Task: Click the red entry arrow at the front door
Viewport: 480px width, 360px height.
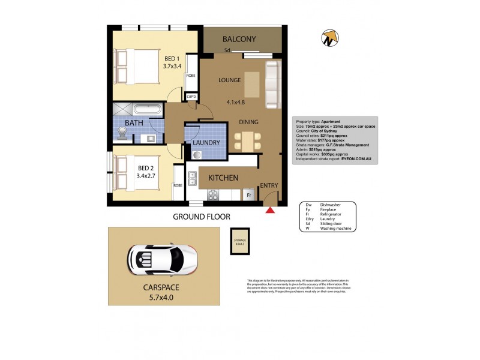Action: [x=270, y=209]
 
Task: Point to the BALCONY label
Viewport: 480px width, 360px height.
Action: [x=239, y=40]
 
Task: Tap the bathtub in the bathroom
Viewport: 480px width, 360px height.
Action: [x=146, y=110]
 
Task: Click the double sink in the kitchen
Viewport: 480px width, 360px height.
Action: [x=193, y=178]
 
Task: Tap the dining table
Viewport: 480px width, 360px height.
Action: [x=248, y=142]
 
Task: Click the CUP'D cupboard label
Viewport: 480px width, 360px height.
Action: [x=191, y=97]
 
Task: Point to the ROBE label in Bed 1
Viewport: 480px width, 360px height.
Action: [x=191, y=76]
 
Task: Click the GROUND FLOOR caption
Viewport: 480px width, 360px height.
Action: [x=202, y=217]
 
